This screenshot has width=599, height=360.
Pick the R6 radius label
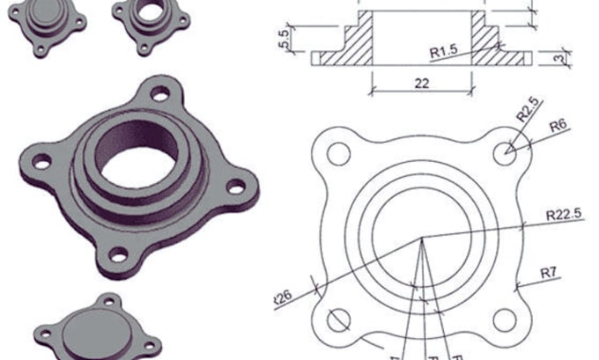pyautogui.click(x=557, y=126)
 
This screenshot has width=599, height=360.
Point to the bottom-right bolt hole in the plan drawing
pyautogui.click(x=507, y=319)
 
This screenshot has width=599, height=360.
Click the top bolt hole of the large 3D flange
pyautogui.click(x=160, y=93)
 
